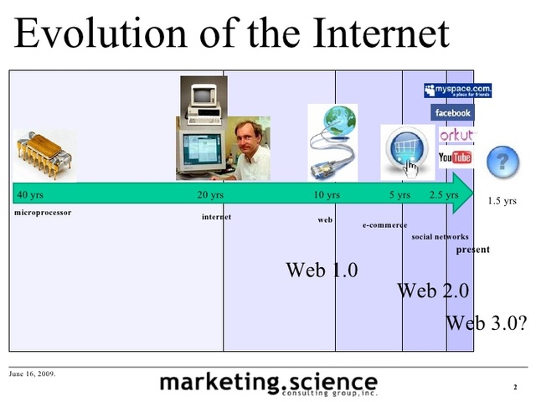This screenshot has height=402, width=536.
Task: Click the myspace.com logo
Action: (458, 90)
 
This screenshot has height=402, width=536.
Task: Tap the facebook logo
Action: (452, 112)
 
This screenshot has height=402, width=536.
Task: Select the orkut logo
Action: (456, 135)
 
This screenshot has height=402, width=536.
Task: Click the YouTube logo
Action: (455, 157)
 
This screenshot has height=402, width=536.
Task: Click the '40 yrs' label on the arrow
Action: (30, 195)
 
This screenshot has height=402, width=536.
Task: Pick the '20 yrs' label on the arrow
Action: (210, 195)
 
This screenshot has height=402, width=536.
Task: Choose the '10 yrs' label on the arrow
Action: (327, 195)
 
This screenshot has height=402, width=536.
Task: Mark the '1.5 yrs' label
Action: (502, 201)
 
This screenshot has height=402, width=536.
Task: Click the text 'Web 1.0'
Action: (322, 270)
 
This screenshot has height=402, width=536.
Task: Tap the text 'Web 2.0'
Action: (432, 291)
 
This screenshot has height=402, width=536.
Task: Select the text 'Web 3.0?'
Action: (486, 323)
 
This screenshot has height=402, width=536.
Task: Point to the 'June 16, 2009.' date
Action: (33, 374)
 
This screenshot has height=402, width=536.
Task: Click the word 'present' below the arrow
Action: (472, 250)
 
